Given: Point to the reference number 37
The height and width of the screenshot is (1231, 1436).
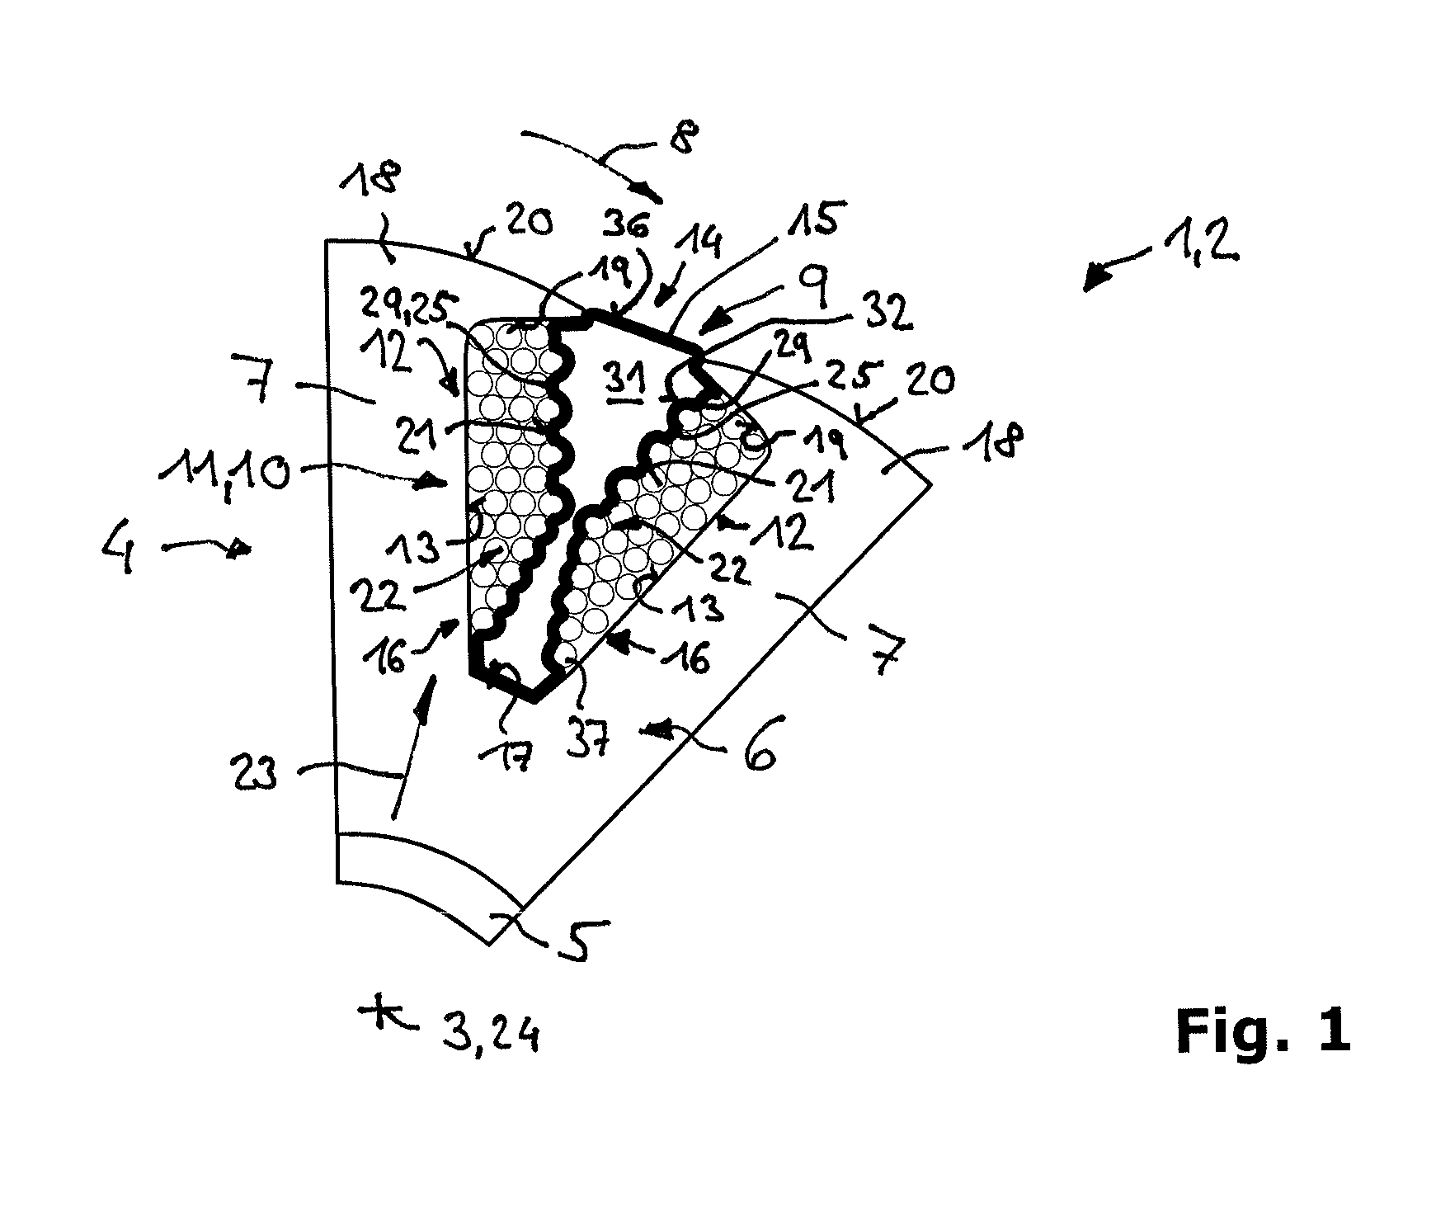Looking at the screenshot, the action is [x=588, y=741].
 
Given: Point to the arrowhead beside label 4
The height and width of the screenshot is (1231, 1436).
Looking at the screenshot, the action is [x=241, y=548].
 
